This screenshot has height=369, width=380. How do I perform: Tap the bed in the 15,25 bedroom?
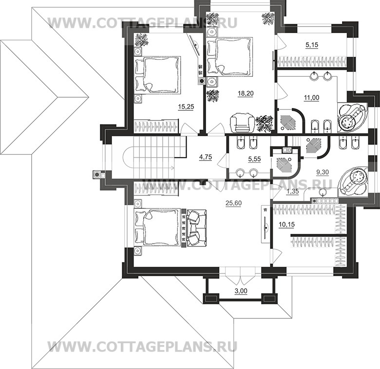pos(157,74)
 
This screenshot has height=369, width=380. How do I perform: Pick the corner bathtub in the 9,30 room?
pos(354,179)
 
